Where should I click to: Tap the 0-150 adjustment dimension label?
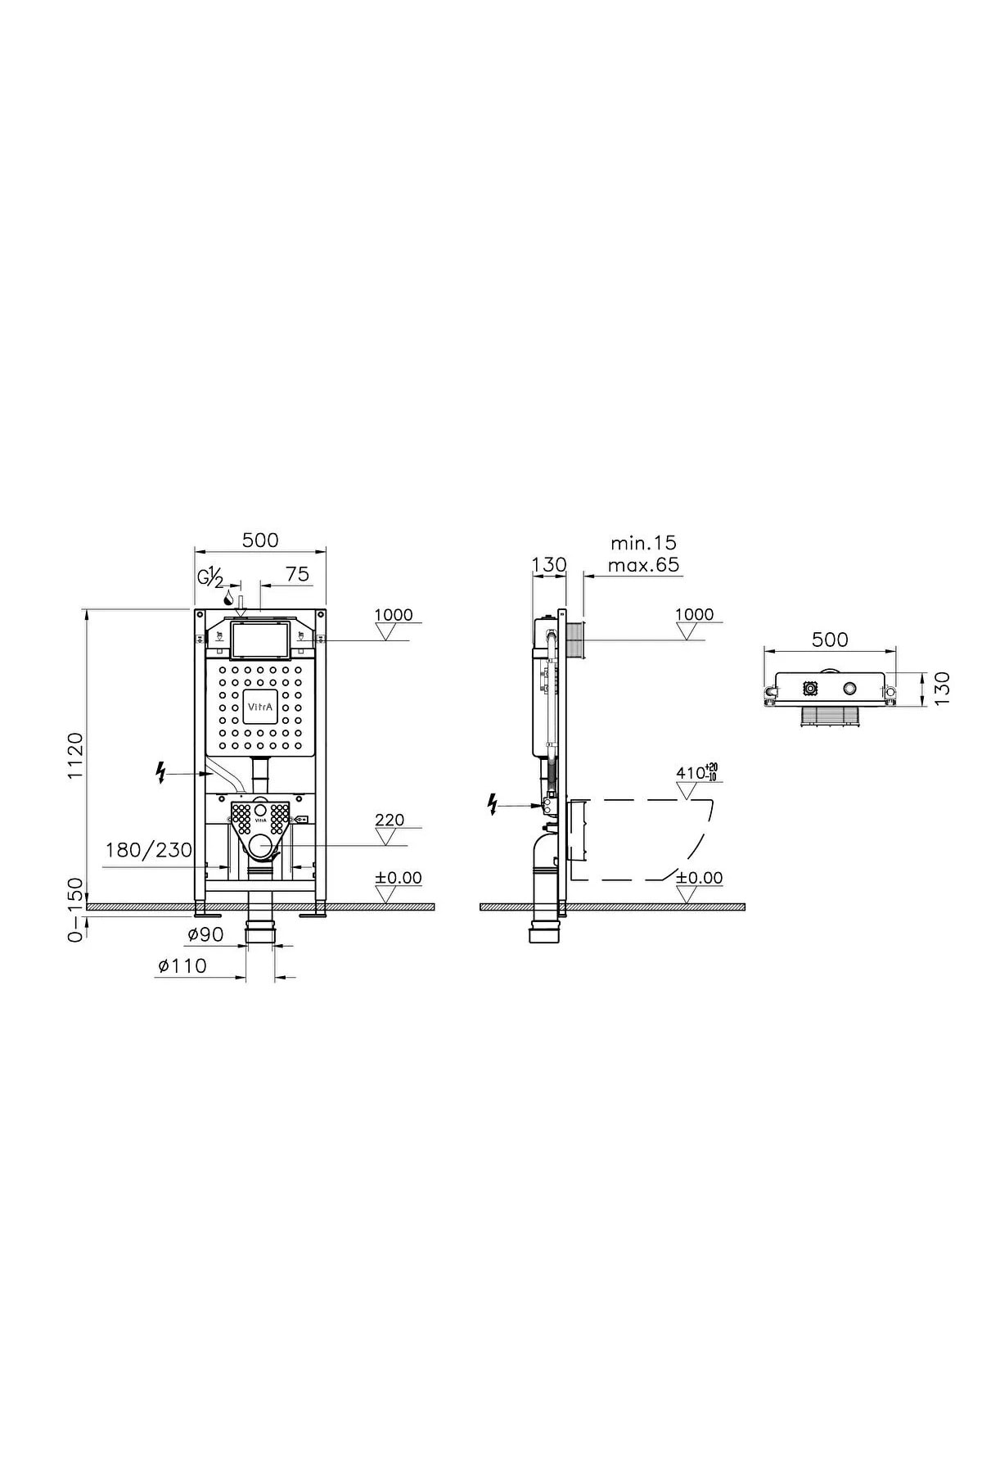(x=74, y=910)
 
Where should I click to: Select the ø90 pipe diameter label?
(x=206, y=934)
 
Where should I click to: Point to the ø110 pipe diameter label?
(x=182, y=966)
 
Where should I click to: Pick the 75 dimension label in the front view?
(x=298, y=574)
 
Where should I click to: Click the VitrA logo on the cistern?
(x=260, y=703)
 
